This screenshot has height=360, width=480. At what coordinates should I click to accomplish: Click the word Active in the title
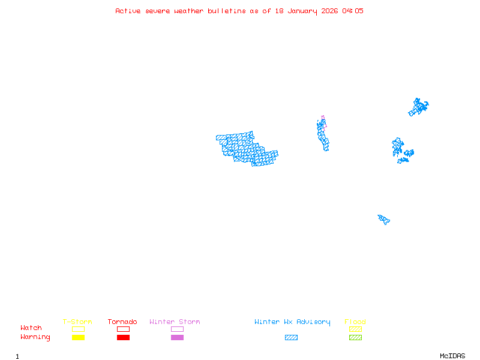point(128,11)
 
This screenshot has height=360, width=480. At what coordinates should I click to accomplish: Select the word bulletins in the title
point(227,11)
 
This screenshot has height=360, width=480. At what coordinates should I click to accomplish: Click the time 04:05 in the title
point(353,11)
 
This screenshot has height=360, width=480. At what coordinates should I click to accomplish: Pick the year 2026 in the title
point(329,11)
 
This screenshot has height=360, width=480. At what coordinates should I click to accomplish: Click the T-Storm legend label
point(77,322)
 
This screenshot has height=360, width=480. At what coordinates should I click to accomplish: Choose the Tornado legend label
point(122,322)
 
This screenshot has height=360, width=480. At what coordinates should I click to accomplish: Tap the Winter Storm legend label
point(175,322)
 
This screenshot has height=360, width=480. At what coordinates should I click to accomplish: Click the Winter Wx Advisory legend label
point(292,322)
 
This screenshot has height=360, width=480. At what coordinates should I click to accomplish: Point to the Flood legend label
point(355,322)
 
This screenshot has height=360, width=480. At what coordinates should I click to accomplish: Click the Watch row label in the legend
point(31,328)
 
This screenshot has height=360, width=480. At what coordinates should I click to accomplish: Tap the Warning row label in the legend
point(35,337)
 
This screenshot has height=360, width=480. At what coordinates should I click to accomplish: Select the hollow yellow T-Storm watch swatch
point(78,329)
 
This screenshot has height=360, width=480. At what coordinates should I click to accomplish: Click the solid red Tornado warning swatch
point(123,338)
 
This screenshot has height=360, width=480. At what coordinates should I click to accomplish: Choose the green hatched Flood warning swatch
point(355,338)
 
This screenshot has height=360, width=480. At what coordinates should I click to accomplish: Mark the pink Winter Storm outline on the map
point(323,118)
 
